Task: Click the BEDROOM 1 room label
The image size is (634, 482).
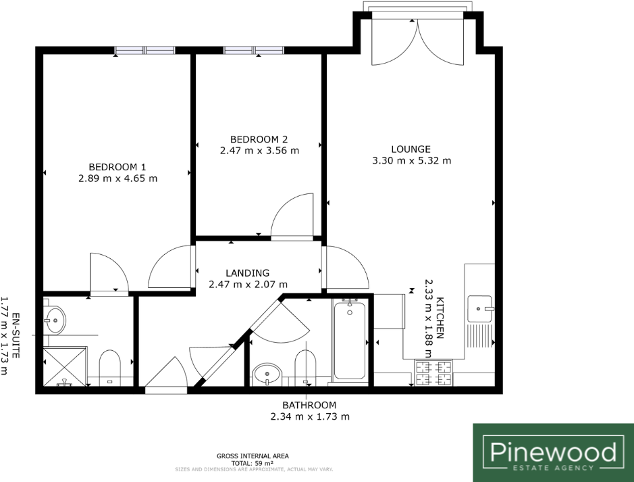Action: [x=117, y=167]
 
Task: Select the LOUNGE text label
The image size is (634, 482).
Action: [x=411, y=149]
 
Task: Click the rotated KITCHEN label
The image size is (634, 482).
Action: [x=440, y=317]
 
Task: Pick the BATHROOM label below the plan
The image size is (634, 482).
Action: [x=309, y=405]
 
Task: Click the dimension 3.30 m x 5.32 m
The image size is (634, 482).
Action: [x=411, y=161]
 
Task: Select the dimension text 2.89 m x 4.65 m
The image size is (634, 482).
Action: [x=118, y=178]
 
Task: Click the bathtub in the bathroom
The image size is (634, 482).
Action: [x=349, y=341]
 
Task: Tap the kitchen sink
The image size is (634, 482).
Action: [x=480, y=309]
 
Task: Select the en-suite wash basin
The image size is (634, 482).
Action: [x=55, y=318]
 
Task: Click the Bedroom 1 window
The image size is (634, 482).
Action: [x=144, y=50]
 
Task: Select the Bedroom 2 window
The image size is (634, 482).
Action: [x=254, y=50]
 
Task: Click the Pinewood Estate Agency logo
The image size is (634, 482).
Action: [x=553, y=452]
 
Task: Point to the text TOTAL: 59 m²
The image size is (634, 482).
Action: [x=255, y=464]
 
